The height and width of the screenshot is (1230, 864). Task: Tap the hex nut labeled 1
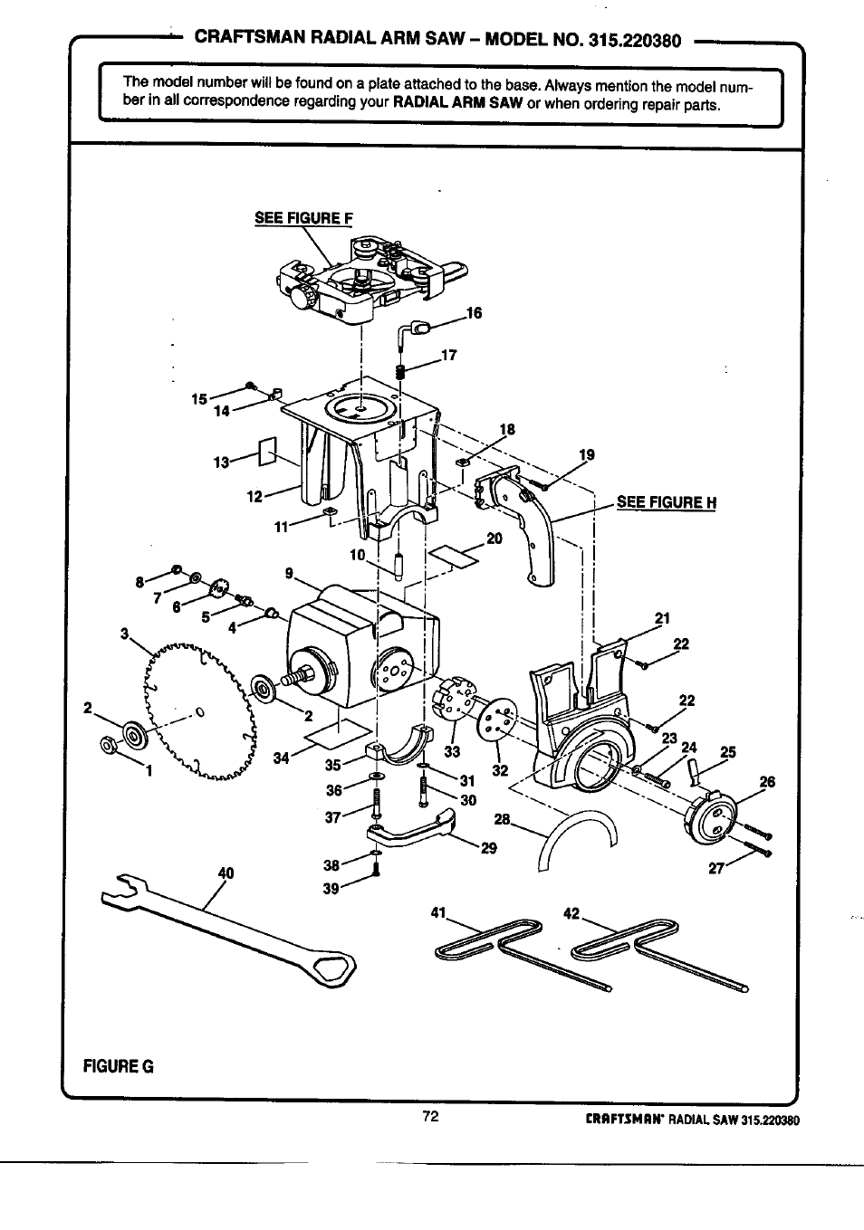(108, 745)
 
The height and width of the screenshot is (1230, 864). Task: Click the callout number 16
(474, 313)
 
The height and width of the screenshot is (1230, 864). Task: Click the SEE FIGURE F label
(303, 218)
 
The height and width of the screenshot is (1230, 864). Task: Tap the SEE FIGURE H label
(667, 502)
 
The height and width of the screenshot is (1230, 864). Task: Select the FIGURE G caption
(118, 1067)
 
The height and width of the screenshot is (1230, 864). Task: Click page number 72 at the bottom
(431, 1116)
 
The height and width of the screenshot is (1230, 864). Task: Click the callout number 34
(281, 758)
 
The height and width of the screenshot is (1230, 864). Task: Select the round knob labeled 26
(709, 817)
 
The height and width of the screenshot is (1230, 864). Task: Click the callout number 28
(502, 819)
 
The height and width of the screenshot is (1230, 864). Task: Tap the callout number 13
(221, 462)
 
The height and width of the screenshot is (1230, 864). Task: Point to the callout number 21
(662, 618)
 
